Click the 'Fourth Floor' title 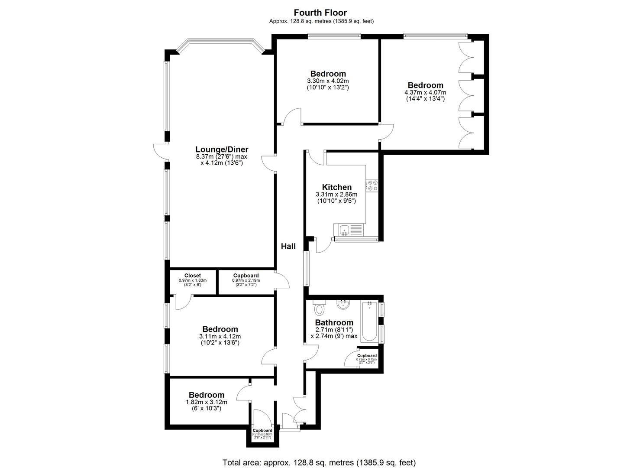click(320, 13)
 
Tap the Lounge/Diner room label click(222, 149)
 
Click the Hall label click(288, 246)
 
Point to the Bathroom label click(334, 322)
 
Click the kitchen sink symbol click(345, 230)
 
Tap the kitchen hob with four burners click(372, 185)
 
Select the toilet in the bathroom click(320, 309)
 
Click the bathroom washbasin click(343, 305)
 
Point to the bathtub click(369, 322)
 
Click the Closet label click(193, 276)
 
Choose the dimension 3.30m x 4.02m click(328, 81)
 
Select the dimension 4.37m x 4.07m click(425, 92)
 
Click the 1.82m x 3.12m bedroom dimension click(207, 402)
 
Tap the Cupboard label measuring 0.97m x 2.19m click(246, 276)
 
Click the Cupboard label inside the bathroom click(367, 355)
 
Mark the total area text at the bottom click(319, 462)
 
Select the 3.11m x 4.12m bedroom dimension click(220, 336)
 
